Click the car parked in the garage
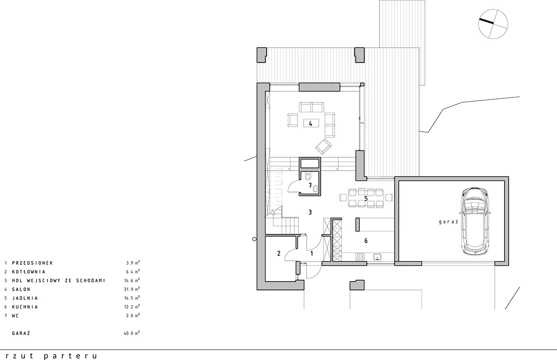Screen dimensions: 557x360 475,221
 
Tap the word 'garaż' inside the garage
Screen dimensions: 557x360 448,222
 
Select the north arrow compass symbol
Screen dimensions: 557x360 493,24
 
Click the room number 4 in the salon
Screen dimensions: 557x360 311,123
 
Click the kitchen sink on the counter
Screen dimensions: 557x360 377,257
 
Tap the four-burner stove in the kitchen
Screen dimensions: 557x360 360,257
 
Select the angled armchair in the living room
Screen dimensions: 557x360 324,146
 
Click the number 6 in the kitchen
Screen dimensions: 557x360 366,240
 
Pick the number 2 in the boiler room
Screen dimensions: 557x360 279,253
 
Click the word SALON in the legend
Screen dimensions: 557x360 21,289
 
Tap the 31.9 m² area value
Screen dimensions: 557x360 132,289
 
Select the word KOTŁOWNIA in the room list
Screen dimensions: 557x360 29,271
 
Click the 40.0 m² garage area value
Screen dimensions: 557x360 132,333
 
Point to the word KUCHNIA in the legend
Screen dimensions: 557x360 25,307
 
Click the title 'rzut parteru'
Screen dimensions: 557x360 51,356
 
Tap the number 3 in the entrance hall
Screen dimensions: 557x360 310,212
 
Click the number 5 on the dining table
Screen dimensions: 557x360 366,199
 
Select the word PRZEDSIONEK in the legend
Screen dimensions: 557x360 32,263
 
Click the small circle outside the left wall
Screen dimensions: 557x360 254,239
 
